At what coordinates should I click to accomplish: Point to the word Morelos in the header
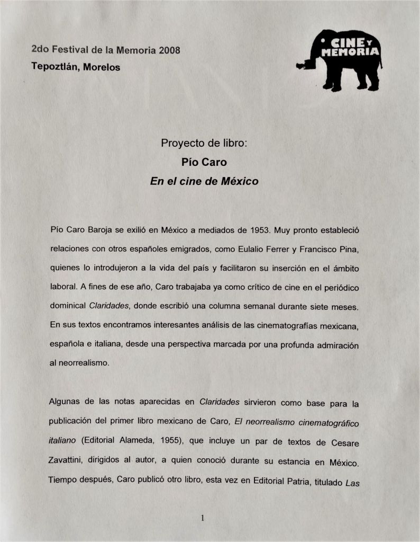pos(102,67)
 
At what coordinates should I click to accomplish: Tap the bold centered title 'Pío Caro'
pos(204,162)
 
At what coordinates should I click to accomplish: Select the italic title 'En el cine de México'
pos(204,181)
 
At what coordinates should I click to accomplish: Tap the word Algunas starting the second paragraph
pos(66,402)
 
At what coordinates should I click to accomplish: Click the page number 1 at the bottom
pos(203,519)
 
